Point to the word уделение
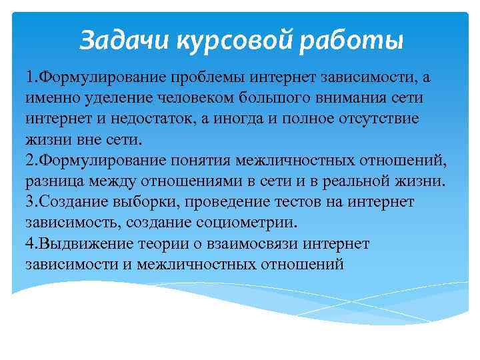tap(103, 99)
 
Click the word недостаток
tap(172, 119)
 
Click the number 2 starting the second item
tap(30, 161)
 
